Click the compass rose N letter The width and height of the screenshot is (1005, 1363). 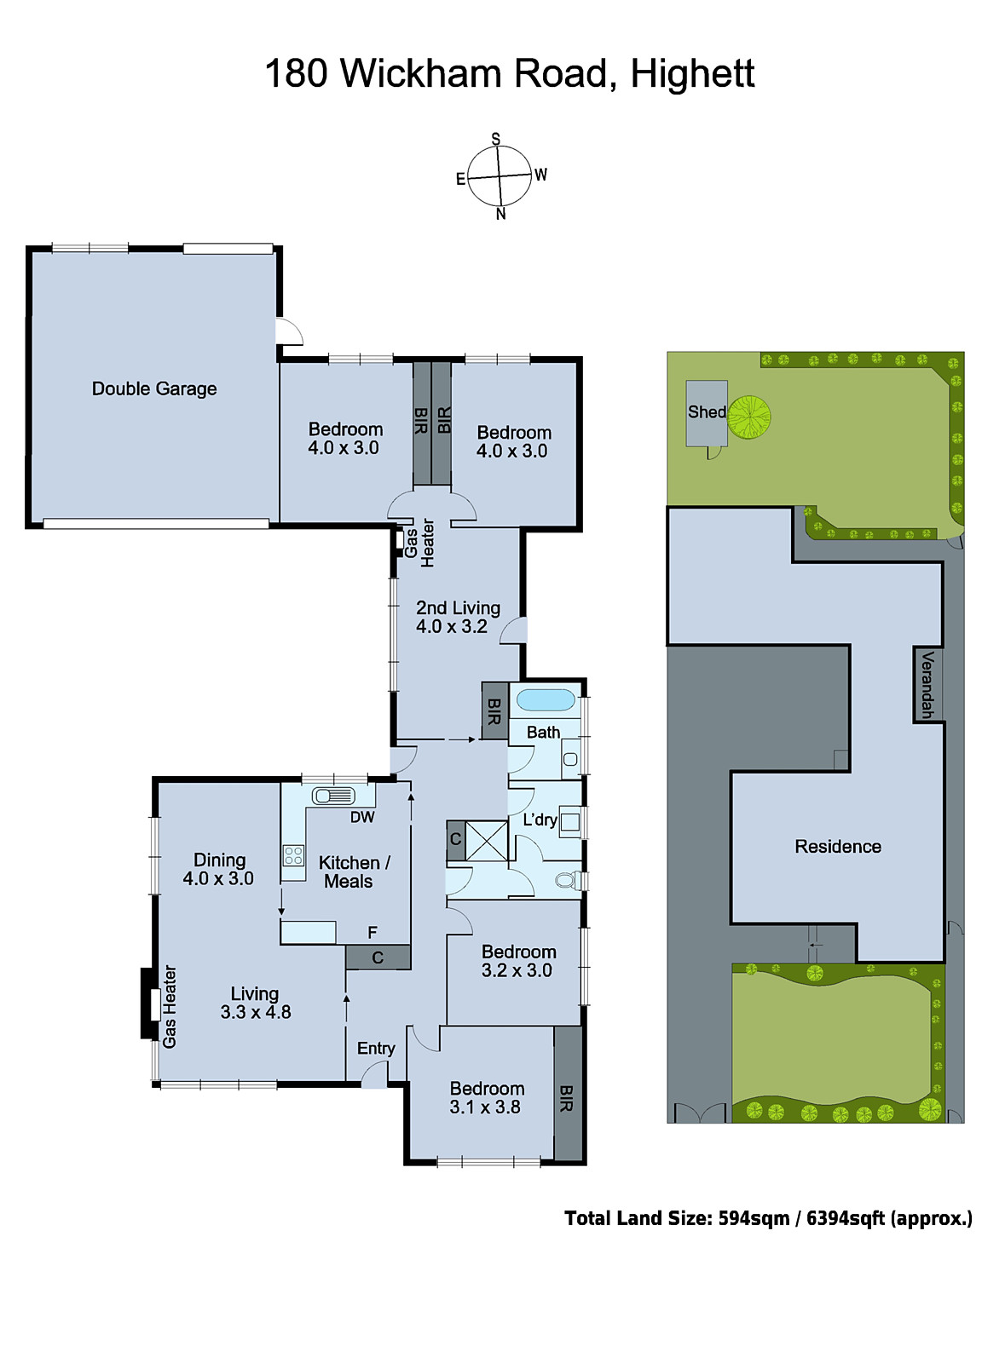pos(500,214)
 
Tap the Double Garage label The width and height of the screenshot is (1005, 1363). pos(154,388)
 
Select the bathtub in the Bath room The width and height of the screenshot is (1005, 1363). pos(546,700)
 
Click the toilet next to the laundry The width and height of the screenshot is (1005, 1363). pos(567,879)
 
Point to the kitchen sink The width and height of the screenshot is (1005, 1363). pos(333,796)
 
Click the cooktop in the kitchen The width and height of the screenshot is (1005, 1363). pos(293,854)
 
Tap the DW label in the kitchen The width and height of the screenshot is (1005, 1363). pos(362,817)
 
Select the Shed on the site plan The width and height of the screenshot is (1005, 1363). pos(707,412)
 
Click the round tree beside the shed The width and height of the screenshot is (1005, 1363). pos(749,417)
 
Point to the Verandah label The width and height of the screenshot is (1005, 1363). pos(927,684)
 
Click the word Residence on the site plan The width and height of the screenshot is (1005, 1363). pos(838,846)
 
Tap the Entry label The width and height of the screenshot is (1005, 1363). pos(376,1048)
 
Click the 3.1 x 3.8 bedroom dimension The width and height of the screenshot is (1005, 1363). pos(485,1107)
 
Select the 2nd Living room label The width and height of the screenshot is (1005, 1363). pos(458,607)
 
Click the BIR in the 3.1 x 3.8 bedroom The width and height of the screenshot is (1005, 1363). pos(567,1097)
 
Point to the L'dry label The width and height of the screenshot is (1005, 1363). pos(540,820)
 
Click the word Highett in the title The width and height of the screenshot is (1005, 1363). pos(692,73)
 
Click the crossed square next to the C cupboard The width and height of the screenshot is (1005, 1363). pos(487,841)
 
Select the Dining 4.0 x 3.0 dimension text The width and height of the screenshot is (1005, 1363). pos(218,878)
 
